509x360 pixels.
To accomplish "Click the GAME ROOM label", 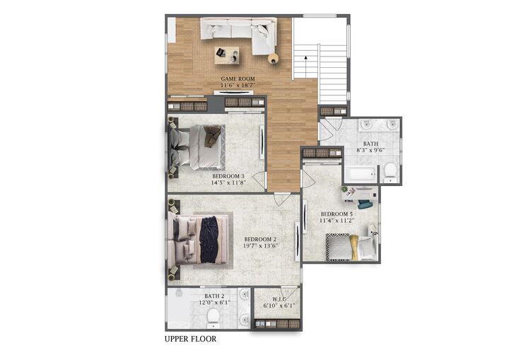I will (238, 79).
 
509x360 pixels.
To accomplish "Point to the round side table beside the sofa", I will (273, 59).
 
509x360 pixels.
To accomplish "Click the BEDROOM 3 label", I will (228, 176).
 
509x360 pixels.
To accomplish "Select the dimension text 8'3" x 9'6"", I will (372, 150).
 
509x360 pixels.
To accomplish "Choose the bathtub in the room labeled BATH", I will (361, 175).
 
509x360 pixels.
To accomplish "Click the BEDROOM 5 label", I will (337, 214).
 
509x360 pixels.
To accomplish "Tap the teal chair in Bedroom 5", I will (365, 205).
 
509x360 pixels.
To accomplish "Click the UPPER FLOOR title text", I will (190, 339).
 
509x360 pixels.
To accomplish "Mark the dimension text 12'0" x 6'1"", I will (214, 303).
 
